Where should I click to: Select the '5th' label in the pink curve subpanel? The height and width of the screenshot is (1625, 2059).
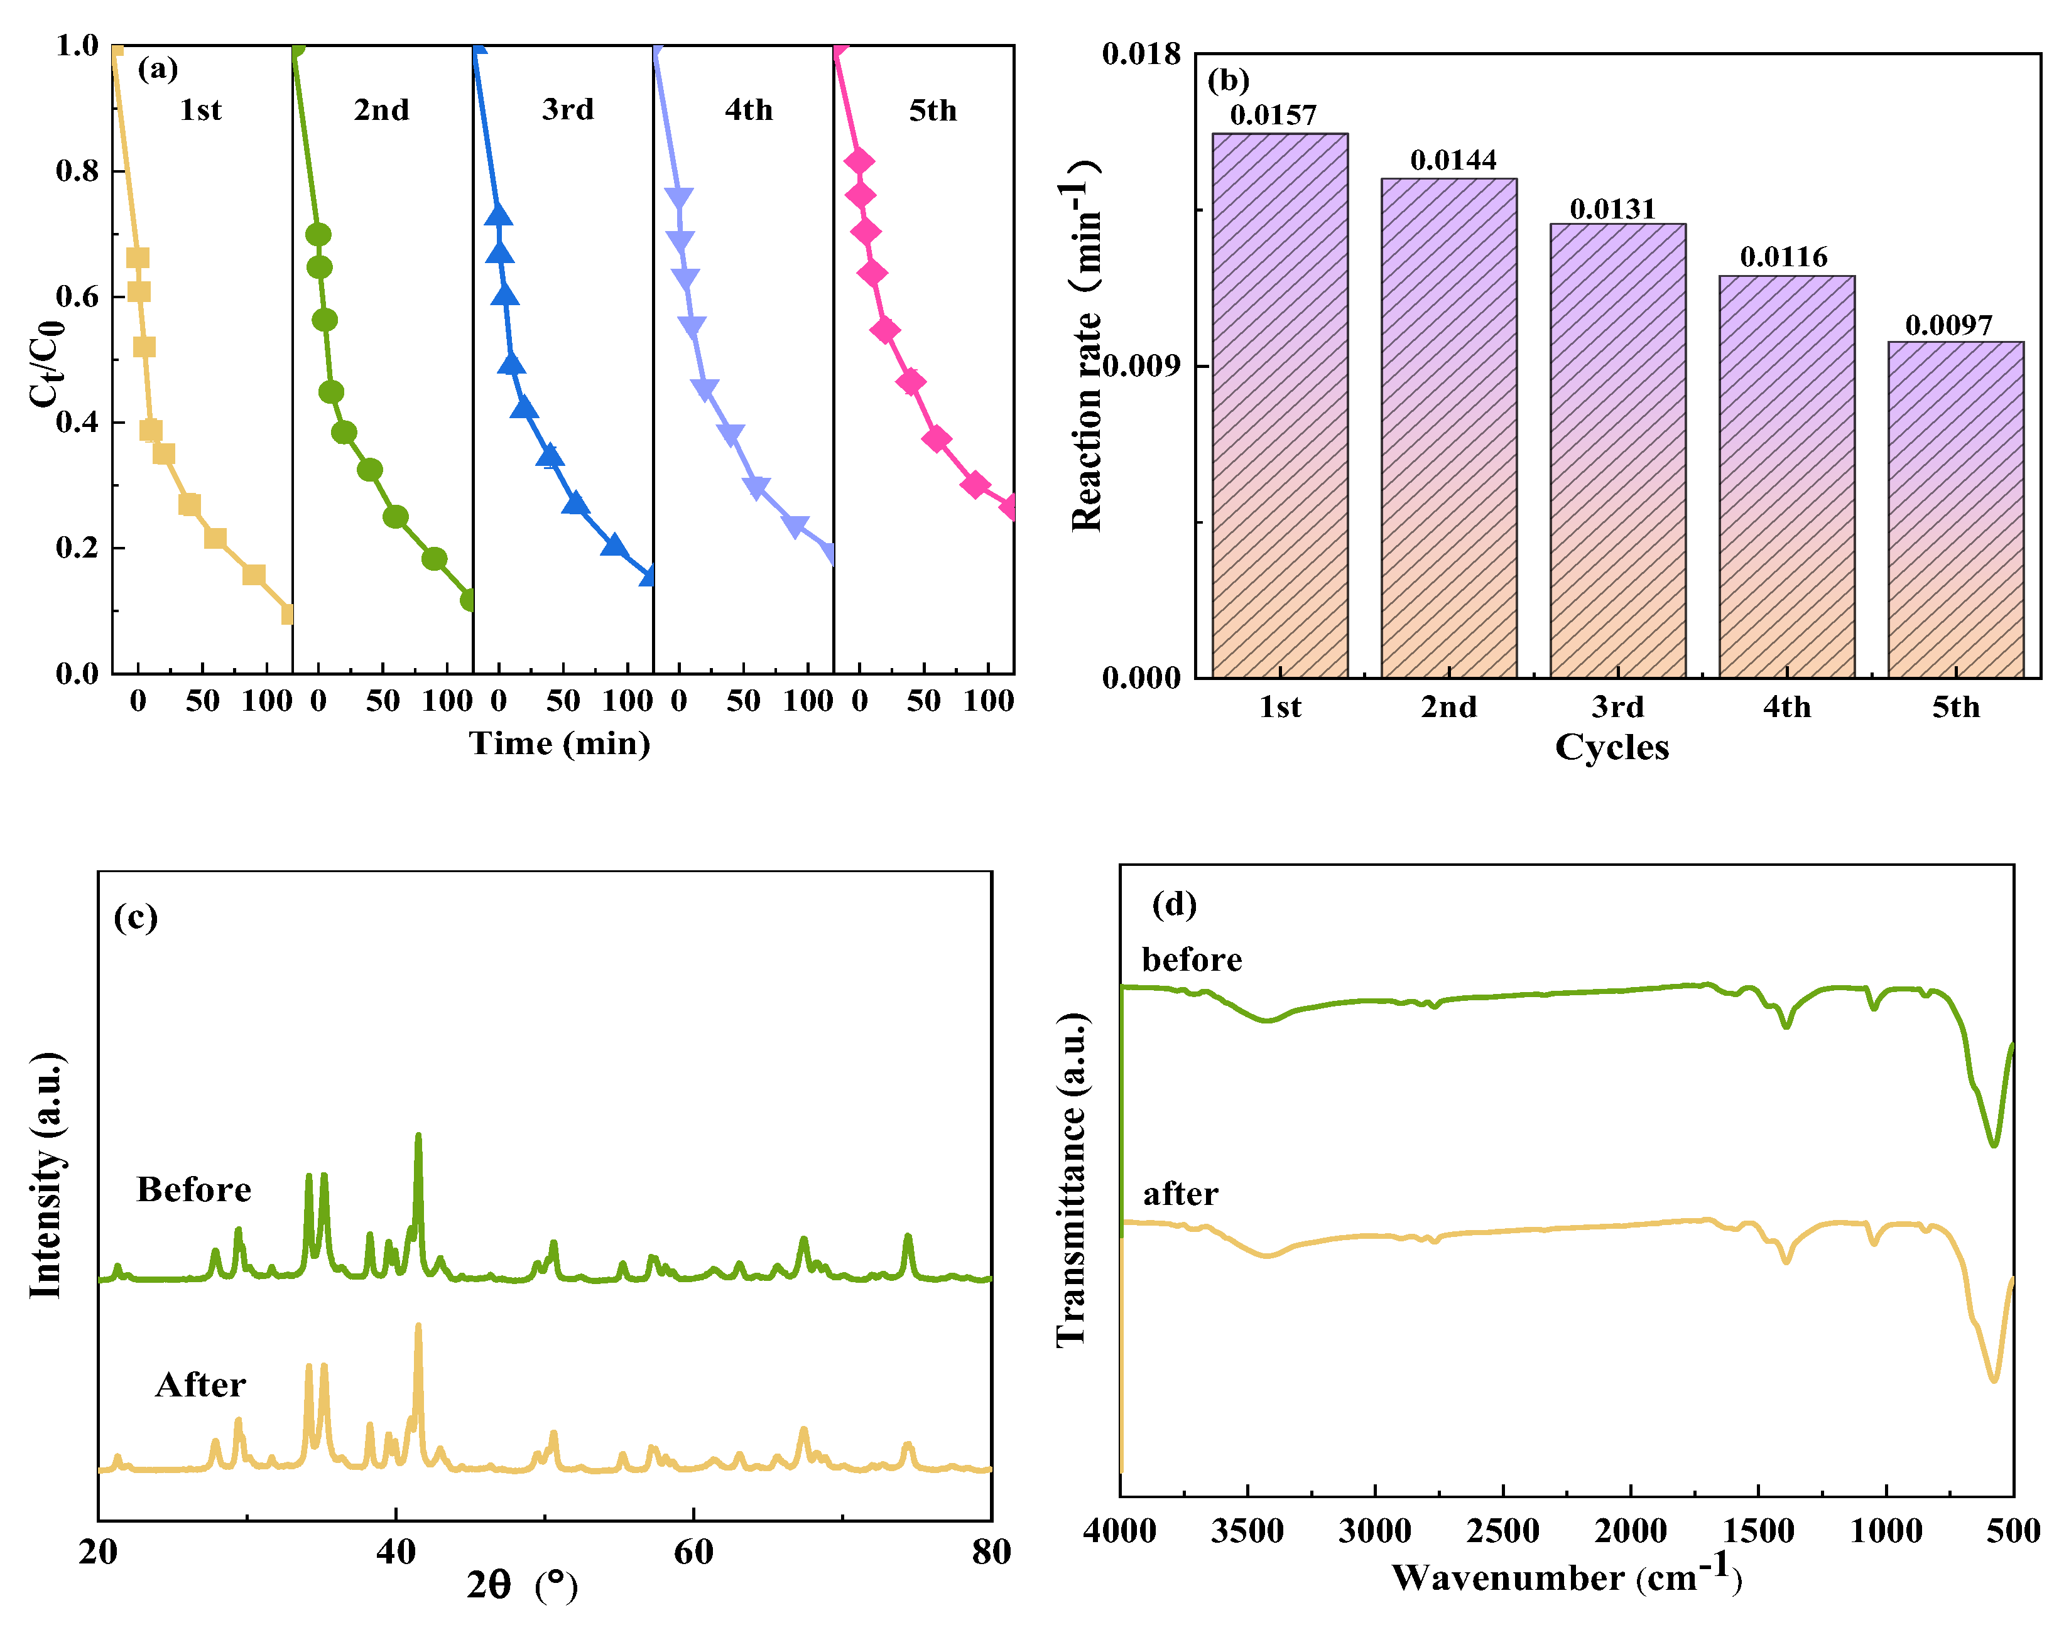(x=932, y=111)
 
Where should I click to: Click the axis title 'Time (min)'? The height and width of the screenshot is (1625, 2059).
(x=560, y=743)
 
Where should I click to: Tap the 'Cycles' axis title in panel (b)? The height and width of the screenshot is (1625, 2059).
(x=1611, y=747)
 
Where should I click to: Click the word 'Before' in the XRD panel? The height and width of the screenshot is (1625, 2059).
(x=193, y=1189)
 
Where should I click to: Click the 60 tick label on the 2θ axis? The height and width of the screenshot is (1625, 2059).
(x=693, y=1553)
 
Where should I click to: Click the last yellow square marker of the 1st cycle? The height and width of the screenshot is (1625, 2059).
(x=287, y=613)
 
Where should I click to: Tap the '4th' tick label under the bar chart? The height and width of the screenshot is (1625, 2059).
(x=1786, y=707)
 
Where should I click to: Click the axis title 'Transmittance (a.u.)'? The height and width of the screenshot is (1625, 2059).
(x=1072, y=1180)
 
